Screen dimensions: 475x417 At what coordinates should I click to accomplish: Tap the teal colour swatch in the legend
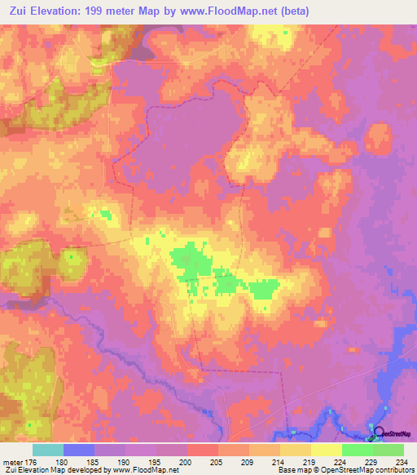pyautogui.click(x=48, y=450)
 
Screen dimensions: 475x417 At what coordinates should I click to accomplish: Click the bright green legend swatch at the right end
pyautogui.click(x=388, y=450)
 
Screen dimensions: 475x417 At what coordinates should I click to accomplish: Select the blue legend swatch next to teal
pyautogui.click(x=79, y=450)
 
